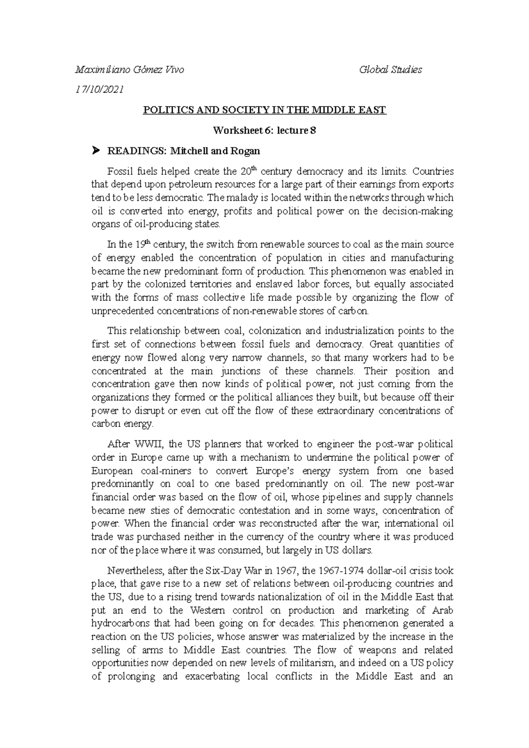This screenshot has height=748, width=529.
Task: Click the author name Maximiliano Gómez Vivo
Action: coord(129,70)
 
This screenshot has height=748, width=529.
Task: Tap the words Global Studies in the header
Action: coord(391,70)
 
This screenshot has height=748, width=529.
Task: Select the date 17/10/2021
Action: coord(100,90)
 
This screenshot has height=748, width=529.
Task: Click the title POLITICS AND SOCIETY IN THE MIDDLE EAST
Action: coord(264,110)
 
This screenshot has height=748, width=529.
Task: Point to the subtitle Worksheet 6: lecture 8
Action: coord(264,131)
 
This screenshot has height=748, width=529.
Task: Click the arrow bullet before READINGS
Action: coord(95,151)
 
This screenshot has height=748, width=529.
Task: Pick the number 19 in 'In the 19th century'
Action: coord(140,244)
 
